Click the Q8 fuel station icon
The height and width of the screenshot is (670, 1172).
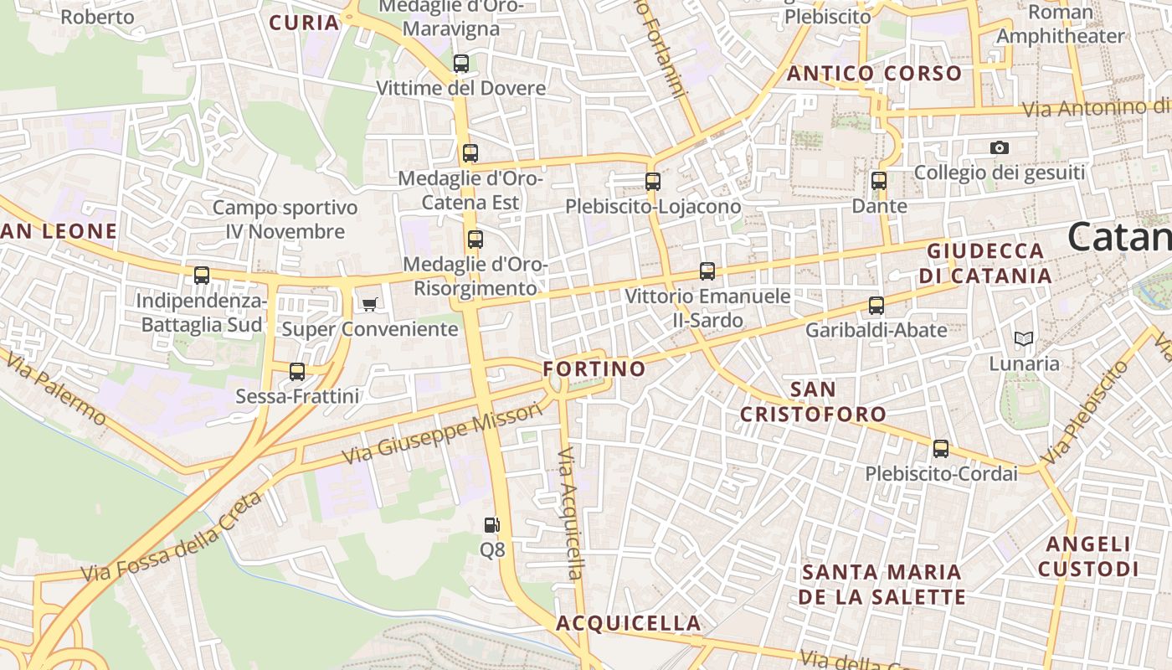click(x=492, y=525)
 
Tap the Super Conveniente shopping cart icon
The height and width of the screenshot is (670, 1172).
click(x=369, y=304)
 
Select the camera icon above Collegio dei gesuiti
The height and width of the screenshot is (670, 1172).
click(x=999, y=148)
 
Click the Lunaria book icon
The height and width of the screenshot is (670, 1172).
click(x=1023, y=339)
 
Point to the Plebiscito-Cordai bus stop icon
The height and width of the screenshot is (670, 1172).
click(x=941, y=449)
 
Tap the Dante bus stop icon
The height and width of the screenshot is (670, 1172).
click(x=878, y=181)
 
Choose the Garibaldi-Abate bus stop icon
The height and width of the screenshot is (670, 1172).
click(x=876, y=306)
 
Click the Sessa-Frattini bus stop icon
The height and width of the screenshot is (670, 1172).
click(x=297, y=372)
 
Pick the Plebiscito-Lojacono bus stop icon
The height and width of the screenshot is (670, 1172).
click(x=653, y=182)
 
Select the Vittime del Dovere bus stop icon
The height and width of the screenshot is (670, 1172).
click(x=460, y=64)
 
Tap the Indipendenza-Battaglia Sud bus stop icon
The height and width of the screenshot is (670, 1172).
click(x=202, y=276)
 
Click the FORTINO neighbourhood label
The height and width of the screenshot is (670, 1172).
click(x=594, y=368)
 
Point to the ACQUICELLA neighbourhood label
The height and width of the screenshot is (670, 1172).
click(x=629, y=623)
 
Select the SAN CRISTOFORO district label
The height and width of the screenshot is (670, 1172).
click(x=813, y=401)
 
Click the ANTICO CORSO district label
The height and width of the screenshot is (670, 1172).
click(x=875, y=74)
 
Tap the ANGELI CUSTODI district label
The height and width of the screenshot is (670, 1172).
click(x=1088, y=556)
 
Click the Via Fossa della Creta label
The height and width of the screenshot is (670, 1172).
click(x=172, y=539)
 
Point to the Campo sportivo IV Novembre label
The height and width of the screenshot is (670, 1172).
click(x=285, y=219)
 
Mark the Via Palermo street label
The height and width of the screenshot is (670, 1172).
click(x=56, y=389)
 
